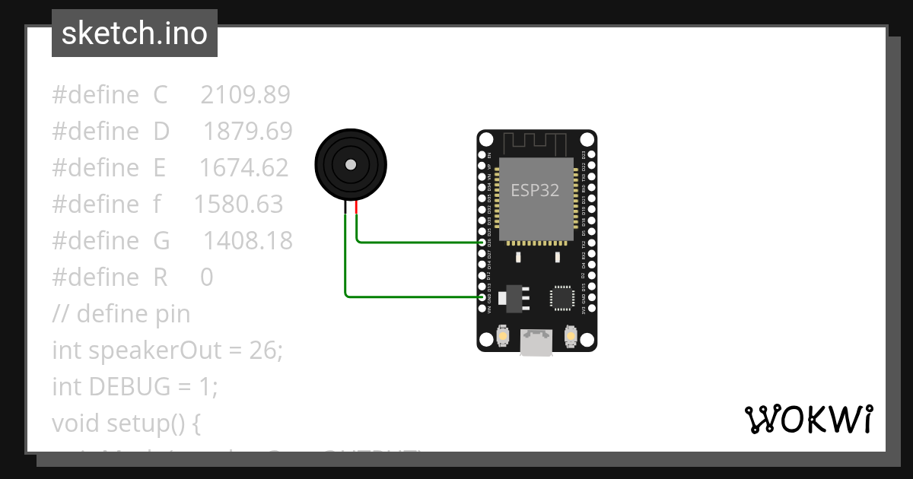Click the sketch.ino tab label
pyautogui.click(x=135, y=33)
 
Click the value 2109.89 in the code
pyautogui.click(x=245, y=95)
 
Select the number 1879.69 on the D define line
pyautogui.click(x=247, y=132)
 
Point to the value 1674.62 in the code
pyautogui.click(x=243, y=168)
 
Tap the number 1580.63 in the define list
pyautogui.click(x=238, y=205)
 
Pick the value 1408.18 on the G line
pyautogui.click(x=247, y=241)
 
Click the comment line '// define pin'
pyautogui.click(x=121, y=314)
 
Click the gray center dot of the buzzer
pyautogui.click(x=350, y=164)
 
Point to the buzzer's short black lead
pyautogui.click(x=345, y=208)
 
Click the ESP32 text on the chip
pyautogui.click(x=535, y=191)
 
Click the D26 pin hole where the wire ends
pyautogui.click(x=482, y=243)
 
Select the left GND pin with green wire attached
pyautogui.click(x=482, y=297)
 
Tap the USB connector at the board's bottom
pyautogui.click(x=536, y=343)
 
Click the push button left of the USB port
pyautogui.click(x=502, y=336)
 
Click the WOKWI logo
pyautogui.click(x=808, y=419)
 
